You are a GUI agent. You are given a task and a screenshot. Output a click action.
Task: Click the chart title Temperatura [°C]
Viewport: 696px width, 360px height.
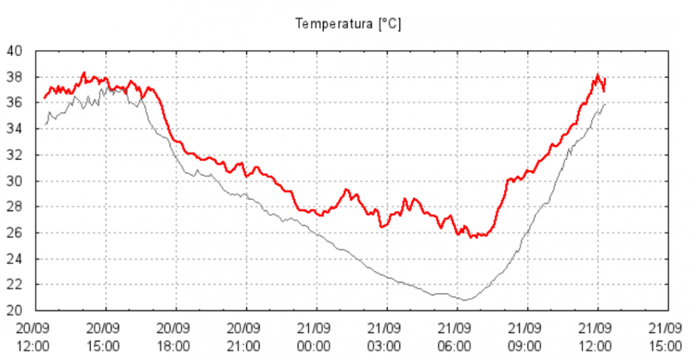click(348, 24)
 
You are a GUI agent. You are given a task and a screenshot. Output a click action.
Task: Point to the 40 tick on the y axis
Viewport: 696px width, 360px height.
click(15, 51)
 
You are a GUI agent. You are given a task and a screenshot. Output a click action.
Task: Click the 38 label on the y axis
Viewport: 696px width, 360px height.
click(15, 77)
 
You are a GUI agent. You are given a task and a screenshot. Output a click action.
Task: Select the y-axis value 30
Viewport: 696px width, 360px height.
click(15, 181)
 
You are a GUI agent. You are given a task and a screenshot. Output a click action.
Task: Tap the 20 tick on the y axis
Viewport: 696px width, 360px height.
click(15, 311)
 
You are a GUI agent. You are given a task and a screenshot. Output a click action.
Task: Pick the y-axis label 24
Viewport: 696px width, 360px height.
click(15, 259)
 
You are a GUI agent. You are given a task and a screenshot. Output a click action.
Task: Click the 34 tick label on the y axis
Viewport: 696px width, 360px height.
click(15, 129)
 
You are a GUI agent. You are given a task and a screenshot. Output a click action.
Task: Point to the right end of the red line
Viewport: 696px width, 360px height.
click(606, 79)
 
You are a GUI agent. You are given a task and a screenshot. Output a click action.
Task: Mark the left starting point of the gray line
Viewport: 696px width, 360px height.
click(45, 124)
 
